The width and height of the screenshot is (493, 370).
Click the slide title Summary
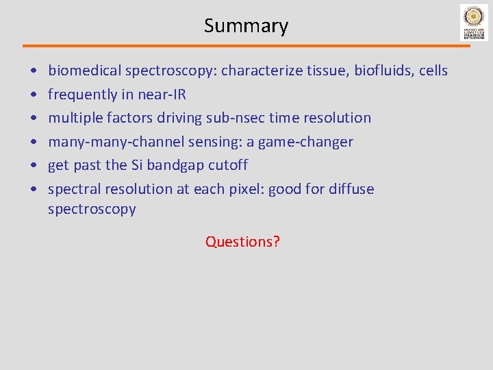click(x=246, y=26)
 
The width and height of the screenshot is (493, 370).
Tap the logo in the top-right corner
click(x=474, y=23)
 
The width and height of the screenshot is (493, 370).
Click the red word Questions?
click(x=242, y=242)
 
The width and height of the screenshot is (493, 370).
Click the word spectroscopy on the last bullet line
click(x=92, y=210)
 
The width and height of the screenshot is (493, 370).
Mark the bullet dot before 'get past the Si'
click(x=34, y=166)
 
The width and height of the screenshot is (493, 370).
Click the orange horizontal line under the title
click(x=246, y=46)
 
